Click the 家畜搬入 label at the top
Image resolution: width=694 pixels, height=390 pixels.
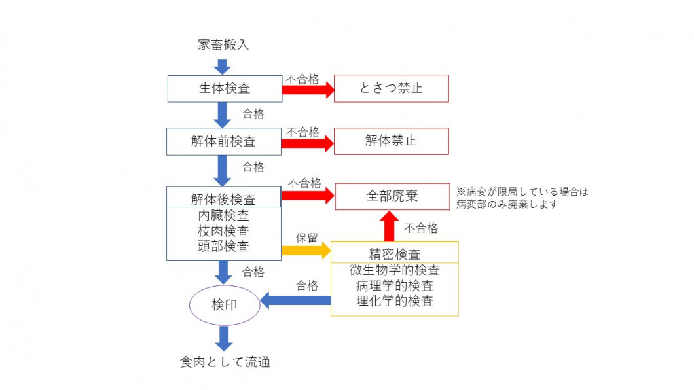223,45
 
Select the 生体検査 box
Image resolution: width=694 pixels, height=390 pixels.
224,88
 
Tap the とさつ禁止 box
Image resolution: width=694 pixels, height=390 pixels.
391,88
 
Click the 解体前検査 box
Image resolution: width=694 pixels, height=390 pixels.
223,141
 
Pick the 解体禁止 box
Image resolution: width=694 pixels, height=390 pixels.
391,141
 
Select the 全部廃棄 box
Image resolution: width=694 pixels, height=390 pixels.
392,196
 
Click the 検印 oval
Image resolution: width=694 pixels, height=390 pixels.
224,305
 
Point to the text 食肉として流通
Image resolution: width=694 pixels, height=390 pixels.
225,362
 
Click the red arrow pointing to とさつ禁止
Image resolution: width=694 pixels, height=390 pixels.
308,90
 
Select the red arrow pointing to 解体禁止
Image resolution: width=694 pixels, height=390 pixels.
308,143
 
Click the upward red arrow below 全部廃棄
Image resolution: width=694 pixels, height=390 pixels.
391,226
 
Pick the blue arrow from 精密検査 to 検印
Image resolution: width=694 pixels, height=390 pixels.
295,300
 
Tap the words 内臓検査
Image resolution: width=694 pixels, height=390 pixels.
223,215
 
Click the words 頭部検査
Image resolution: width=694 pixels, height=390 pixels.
223,247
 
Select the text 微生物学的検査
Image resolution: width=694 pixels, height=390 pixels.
394,270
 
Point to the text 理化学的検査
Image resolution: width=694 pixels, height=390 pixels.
394,301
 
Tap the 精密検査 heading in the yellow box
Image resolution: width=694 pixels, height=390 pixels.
394,253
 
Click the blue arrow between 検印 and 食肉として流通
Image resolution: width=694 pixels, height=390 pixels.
224,338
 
